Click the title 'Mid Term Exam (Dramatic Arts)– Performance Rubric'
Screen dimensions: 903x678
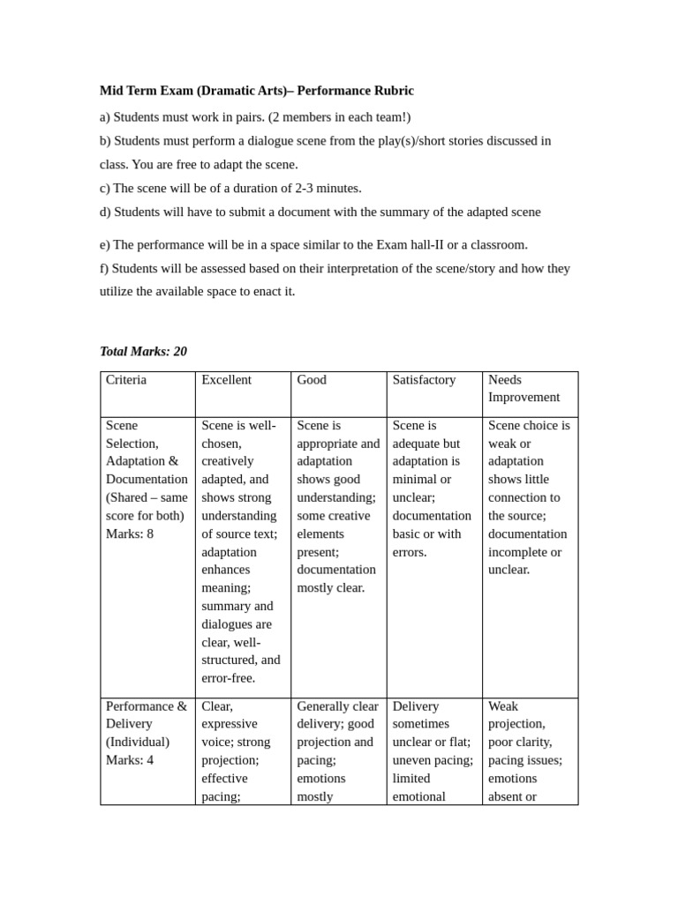tap(256, 91)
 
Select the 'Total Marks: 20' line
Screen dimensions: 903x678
tap(143, 351)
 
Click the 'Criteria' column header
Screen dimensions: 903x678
tap(126, 380)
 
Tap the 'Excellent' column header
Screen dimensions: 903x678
tap(226, 380)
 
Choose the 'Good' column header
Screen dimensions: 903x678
tap(312, 380)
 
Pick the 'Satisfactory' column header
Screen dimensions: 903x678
tap(424, 380)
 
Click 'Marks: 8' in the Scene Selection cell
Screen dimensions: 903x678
tap(129, 534)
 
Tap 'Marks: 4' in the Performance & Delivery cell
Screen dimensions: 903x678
tap(129, 760)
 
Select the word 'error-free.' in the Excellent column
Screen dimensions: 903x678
tap(228, 678)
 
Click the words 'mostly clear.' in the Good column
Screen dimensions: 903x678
tap(330, 588)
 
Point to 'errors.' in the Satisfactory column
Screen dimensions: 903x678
tap(410, 552)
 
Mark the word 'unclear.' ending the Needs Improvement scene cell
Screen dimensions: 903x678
tap(508, 570)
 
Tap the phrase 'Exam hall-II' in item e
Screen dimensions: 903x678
tap(413, 244)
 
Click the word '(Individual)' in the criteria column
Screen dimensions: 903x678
tap(137, 742)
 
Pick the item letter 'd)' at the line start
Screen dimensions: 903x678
tap(105, 212)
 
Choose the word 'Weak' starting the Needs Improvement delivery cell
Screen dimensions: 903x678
tap(503, 706)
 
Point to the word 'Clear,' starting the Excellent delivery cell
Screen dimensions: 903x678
tap(217, 706)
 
